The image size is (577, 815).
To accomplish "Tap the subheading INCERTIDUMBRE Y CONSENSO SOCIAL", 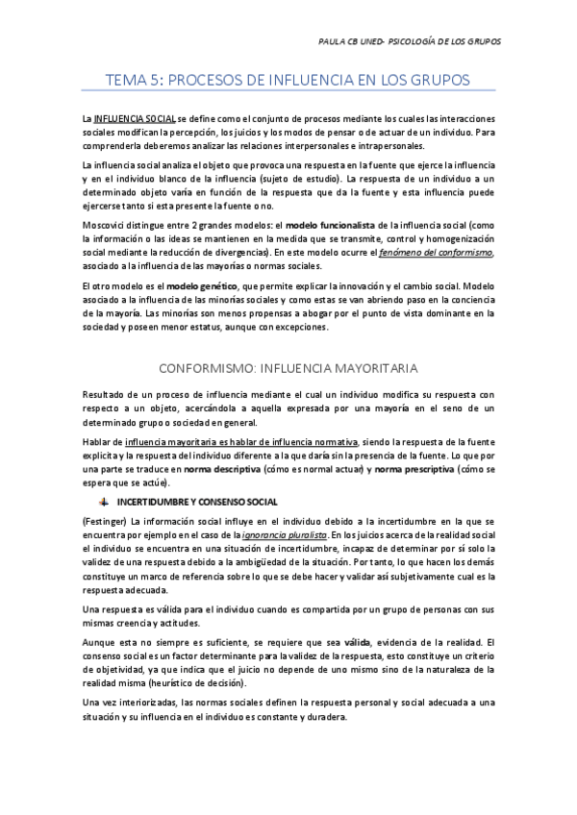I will [x=198, y=502].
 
